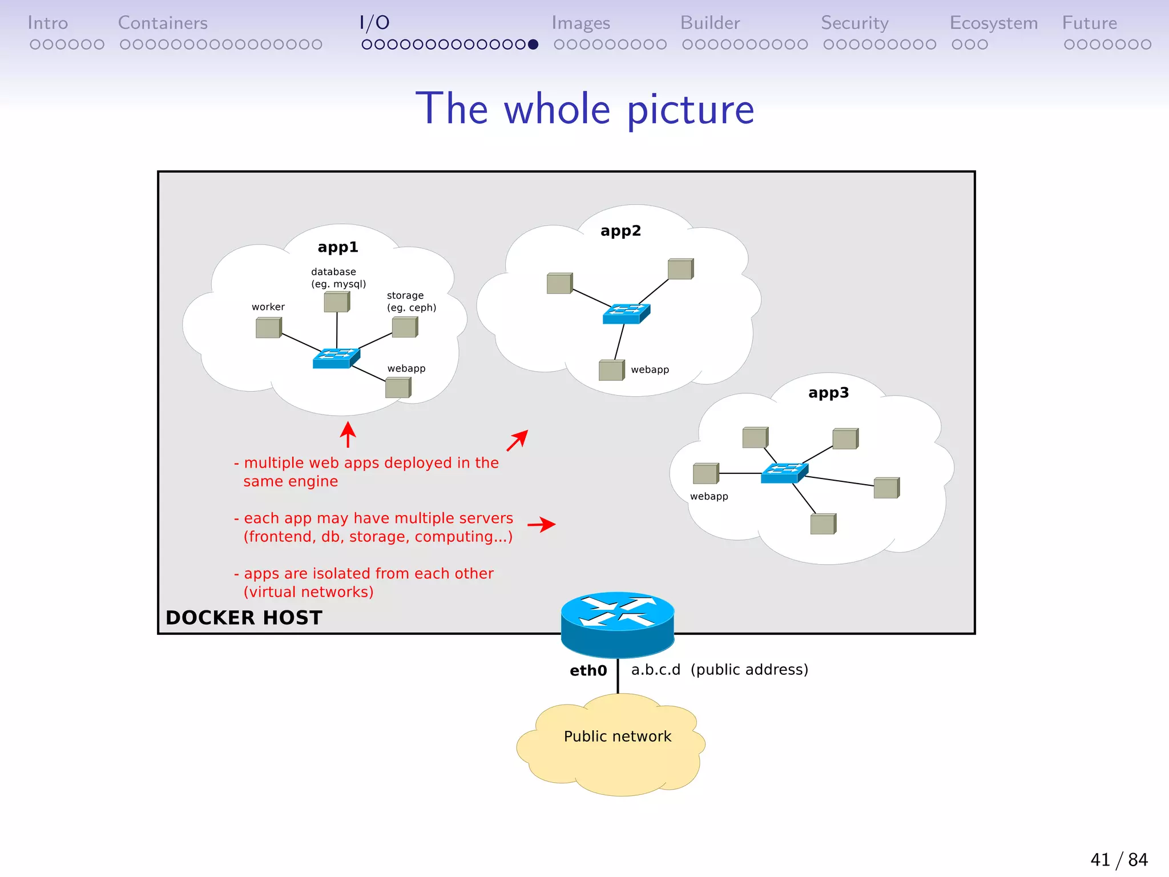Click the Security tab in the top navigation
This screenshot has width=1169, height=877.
854,23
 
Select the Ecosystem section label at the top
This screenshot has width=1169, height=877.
993,23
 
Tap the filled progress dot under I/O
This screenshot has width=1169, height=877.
533,45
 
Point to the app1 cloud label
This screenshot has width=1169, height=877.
338,247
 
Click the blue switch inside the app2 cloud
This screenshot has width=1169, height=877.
626,313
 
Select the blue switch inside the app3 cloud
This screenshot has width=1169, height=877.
784,473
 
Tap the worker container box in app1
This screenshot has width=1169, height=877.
268,328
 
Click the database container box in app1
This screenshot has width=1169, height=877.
337,301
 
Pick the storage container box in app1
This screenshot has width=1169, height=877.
405,327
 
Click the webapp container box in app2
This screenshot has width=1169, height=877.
611,370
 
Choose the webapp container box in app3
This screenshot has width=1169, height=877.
706,473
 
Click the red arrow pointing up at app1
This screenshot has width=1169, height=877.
348,435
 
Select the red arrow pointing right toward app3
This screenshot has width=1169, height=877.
541,524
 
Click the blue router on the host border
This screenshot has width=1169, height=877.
618,624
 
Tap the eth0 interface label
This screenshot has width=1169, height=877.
588,670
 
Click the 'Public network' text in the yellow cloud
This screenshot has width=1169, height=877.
618,737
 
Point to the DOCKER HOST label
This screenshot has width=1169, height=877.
244,618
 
